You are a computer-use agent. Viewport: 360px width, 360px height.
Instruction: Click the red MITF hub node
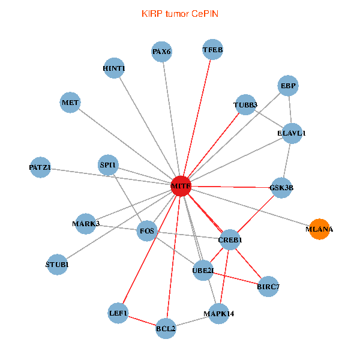[181, 187]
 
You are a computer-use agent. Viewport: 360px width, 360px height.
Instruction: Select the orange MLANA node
[319, 229]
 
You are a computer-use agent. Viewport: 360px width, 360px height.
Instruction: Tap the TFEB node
[212, 50]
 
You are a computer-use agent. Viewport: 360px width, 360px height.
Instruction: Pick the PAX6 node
[161, 52]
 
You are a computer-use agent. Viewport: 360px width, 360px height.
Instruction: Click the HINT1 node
[114, 68]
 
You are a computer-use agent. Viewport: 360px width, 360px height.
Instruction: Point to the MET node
[70, 103]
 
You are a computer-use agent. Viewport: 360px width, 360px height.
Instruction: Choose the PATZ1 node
[40, 167]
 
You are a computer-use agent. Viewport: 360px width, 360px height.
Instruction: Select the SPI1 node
[109, 164]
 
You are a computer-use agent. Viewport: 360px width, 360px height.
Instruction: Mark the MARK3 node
[86, 224]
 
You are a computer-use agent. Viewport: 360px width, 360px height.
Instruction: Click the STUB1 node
[57, 264]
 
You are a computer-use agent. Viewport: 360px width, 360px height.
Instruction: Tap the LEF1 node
[118, 313]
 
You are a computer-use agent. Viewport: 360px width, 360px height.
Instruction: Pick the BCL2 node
[166, 328]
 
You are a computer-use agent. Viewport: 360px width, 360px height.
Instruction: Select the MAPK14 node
[218, 313]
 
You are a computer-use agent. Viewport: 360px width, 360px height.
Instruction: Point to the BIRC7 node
[268, 286]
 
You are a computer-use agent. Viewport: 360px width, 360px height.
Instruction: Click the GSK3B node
[281, 187]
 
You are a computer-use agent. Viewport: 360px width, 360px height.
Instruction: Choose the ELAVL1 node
[292, 133]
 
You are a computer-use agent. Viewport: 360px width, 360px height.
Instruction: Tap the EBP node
[288, 86]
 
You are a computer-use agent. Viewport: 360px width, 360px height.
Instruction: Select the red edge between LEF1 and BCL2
[142, 320]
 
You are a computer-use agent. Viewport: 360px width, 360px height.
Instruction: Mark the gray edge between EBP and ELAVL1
[290, 109]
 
